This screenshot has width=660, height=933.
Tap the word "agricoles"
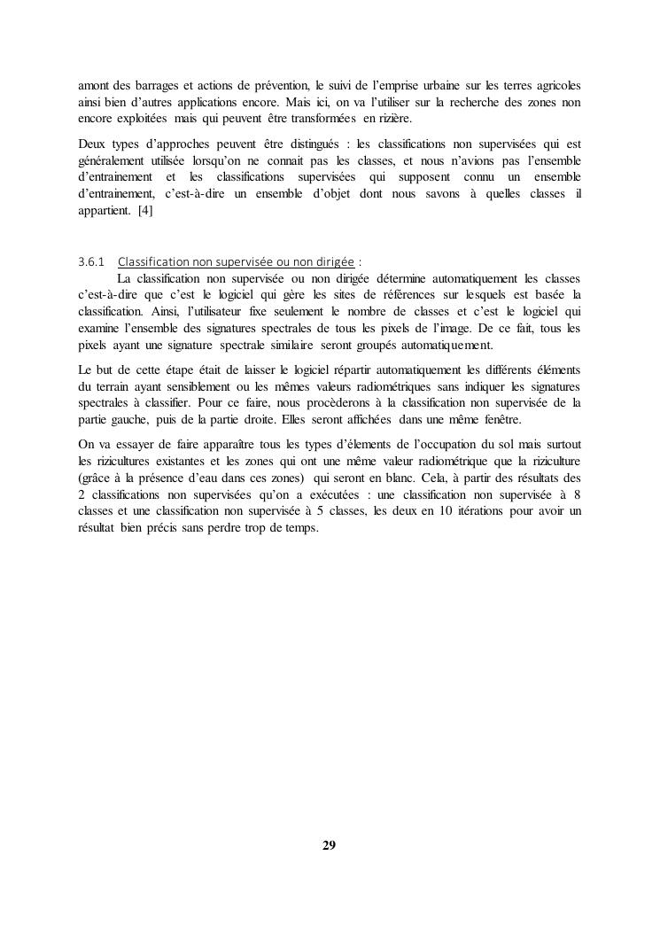555,86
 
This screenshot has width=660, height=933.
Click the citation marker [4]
145,211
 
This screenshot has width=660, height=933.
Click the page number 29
329,844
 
